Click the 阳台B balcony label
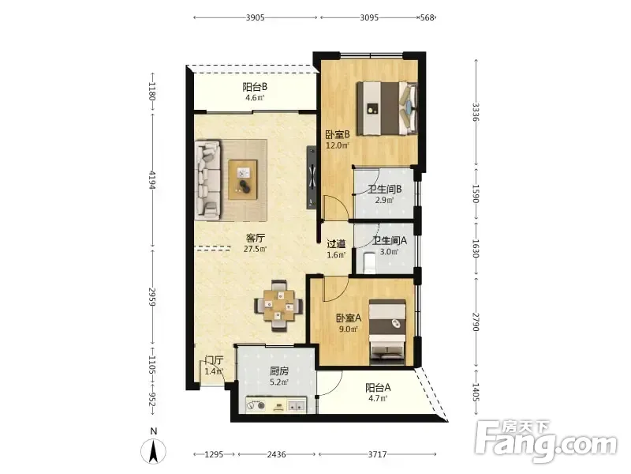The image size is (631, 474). coord(255,87)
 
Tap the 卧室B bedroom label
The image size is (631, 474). coord(338,134)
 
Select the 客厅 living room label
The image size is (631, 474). coord(255,238)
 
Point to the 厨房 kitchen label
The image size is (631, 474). coord(279,371)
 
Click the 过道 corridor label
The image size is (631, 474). coord(336,244)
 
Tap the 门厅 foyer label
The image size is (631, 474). coord(214,360)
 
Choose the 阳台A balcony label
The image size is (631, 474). coord(378,388)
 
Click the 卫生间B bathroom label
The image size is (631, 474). coord(385,189)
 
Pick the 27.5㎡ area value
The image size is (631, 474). coord(255,249)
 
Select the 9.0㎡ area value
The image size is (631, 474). coord(349,329)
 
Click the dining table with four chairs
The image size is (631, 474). coord(278,306)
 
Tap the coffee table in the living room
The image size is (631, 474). coord(243,179)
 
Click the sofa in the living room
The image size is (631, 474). coord(207,180)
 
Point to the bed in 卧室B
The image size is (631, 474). coord(387,107)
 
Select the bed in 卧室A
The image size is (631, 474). coord(387,332)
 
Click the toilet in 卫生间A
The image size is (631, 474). coord(369,262)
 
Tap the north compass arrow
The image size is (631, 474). coord(153,451)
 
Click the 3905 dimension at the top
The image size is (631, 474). coord(255,17)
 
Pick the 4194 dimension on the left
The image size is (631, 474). coord(152,180)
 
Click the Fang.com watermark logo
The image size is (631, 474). coord(546,442)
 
